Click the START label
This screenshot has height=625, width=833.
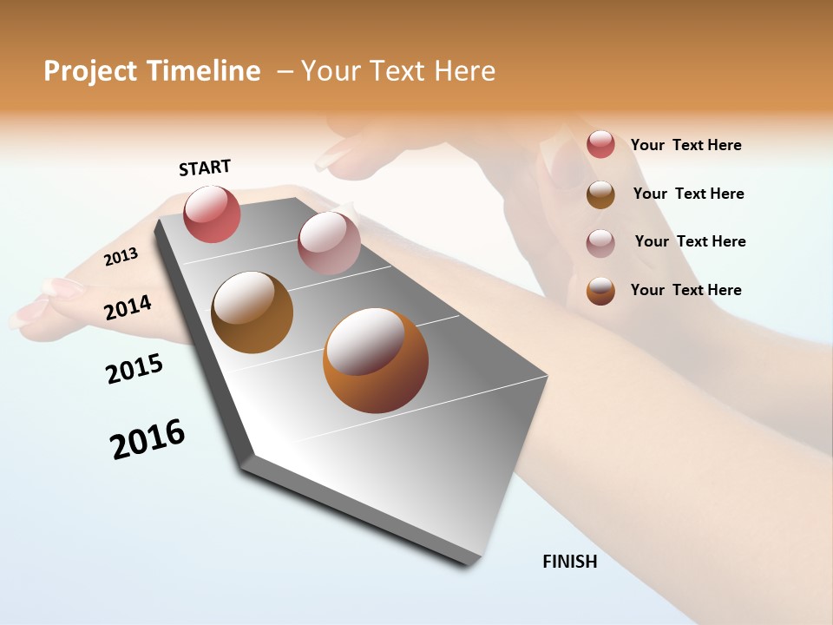205,168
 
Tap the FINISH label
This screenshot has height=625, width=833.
570,562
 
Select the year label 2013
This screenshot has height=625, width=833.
121,257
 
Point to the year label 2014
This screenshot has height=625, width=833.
128,307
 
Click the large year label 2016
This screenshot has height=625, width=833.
148,439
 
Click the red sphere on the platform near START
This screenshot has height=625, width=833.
212,214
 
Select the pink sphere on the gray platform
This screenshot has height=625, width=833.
329,243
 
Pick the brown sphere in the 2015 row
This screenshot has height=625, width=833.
252,312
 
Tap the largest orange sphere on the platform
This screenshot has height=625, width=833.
376,360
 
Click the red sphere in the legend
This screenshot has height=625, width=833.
600,144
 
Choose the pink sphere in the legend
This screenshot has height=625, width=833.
600,242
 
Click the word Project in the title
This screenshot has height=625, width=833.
89,71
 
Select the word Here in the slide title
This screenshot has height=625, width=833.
464,71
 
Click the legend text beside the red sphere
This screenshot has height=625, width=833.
685,145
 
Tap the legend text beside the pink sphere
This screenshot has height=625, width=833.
690,241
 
